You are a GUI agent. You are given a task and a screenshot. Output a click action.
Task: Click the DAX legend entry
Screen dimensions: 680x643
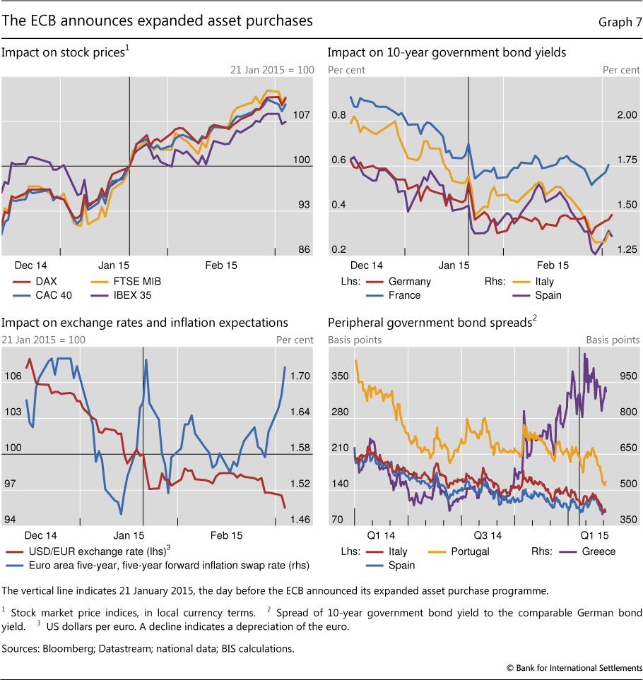pyautogui.click(x=46, y=281)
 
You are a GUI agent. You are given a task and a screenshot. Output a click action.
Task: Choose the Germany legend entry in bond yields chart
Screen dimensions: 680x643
pyautogui.click(x=410, y=281)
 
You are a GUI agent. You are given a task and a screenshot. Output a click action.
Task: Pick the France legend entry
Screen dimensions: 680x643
pyautogui.click(x=404, y=295)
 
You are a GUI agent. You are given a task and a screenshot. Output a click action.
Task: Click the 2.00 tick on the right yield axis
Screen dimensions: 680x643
pyautogui.click(x=618, y=114)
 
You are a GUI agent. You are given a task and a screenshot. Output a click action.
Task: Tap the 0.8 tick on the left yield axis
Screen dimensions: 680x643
pyautogui.click(x=338, y=114)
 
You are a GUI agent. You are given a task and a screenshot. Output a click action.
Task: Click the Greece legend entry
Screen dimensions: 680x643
pyautogui.click(x=598, y=551)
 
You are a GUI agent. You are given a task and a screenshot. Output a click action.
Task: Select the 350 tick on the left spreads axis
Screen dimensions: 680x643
pyautogui.click(x=341, y=376)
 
